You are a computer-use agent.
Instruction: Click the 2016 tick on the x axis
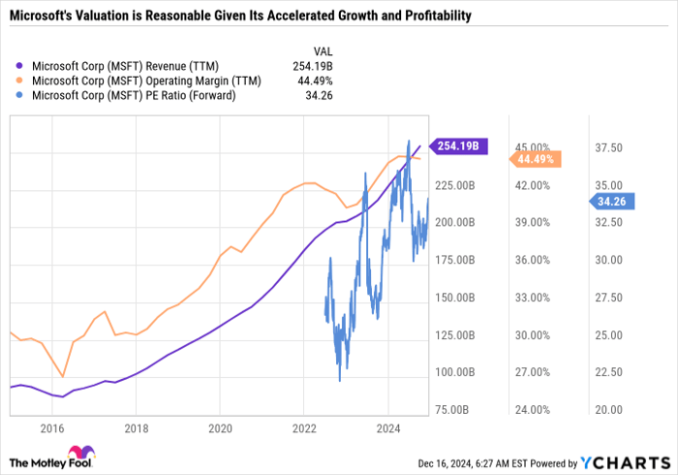pos(52,427)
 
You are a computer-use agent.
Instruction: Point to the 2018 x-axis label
pos(137,427)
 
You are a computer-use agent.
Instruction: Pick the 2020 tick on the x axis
pos(220,427)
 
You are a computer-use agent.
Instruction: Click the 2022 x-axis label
pos(304,427)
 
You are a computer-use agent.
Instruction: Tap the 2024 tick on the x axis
pos(387,427)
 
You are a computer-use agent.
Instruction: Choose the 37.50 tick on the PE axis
pos(608,147)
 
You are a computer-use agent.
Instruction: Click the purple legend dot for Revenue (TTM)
pos(22,67)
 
